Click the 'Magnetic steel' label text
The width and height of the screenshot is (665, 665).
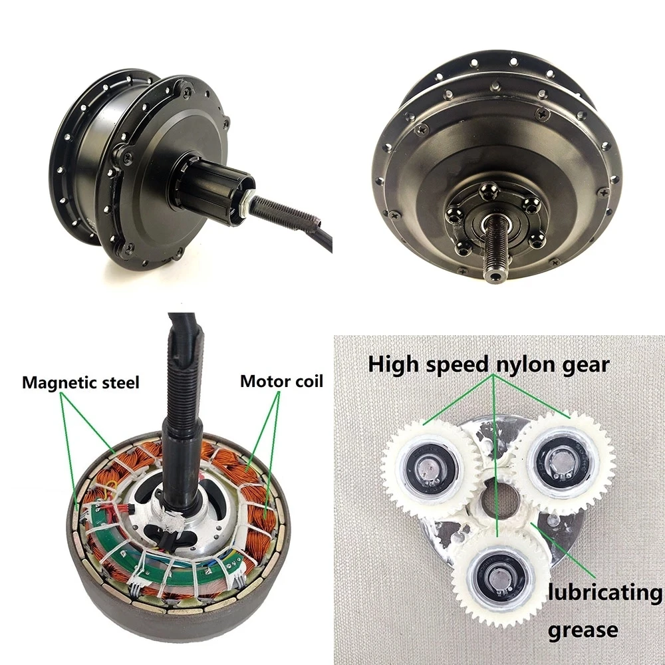[80, 383]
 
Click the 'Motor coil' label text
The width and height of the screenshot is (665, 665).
[281, 381]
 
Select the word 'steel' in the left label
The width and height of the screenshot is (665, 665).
[122, 383]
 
